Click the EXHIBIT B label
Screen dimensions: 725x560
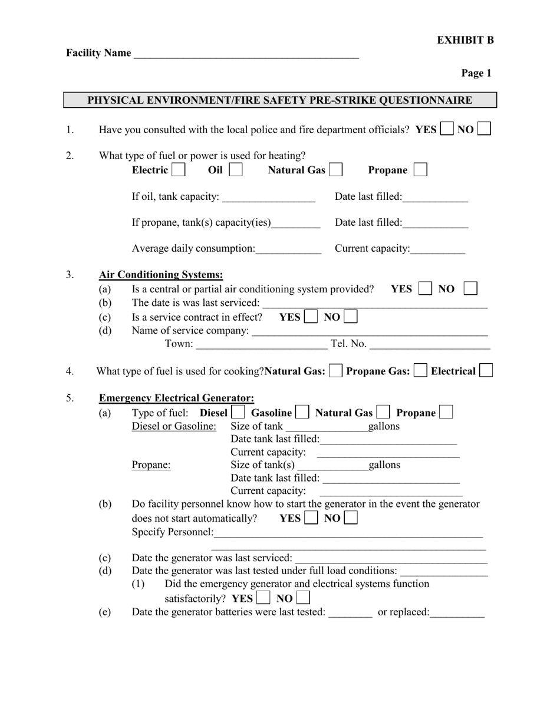(465, 40)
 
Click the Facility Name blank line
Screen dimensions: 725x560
(246, 54)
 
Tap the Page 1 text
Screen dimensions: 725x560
(476, 73)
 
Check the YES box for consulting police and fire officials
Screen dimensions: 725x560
(447, 129)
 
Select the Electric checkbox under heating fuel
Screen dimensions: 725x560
(178, 170)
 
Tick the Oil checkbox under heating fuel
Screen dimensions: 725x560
(235, 170)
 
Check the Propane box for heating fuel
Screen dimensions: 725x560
(420, 170)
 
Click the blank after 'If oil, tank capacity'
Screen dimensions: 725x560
(269, 197)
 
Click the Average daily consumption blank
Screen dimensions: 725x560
(288, 249)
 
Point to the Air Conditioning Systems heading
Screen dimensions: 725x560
(161, 275)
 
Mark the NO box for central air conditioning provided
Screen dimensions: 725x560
(470, 289)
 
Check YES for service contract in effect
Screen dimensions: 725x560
(311, 317)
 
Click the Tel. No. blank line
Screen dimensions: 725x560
(429, 344)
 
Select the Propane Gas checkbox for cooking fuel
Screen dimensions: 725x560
(420, 371)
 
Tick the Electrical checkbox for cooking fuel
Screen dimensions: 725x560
(486, 371)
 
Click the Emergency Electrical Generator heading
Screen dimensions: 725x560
(176, 398)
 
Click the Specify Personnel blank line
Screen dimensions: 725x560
(348, 533)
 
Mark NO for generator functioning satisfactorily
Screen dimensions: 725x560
(303, 598)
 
